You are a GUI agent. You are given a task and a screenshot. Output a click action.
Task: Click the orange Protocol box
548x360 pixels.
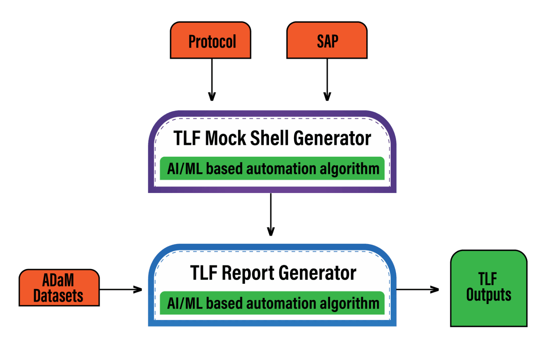coord(210,40)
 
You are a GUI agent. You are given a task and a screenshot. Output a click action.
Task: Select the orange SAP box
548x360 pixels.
coord(327,40)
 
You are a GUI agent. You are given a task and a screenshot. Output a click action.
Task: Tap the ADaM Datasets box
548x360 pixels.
coord(59,288)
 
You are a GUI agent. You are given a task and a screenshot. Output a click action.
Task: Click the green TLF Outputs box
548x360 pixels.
coord(488,288)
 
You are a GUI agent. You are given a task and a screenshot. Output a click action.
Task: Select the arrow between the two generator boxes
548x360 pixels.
coord(271,214)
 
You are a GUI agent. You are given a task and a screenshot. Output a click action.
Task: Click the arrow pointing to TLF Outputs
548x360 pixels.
coord(417,289)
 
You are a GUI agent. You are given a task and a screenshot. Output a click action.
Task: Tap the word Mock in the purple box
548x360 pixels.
coord(225,138)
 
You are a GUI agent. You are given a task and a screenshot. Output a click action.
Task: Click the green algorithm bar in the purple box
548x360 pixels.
coord(272,168)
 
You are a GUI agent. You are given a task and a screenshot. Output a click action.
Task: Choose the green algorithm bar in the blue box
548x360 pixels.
coord(272,303)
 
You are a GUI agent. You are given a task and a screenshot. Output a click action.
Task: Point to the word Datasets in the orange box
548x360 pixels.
coord(58,296)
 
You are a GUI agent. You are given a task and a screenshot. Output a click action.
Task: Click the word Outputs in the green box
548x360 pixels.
coord(488,295)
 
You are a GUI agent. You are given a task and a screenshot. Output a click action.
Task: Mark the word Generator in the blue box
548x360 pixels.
coord(317,273)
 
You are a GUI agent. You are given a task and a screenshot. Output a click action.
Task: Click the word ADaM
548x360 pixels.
coord(58,280)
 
